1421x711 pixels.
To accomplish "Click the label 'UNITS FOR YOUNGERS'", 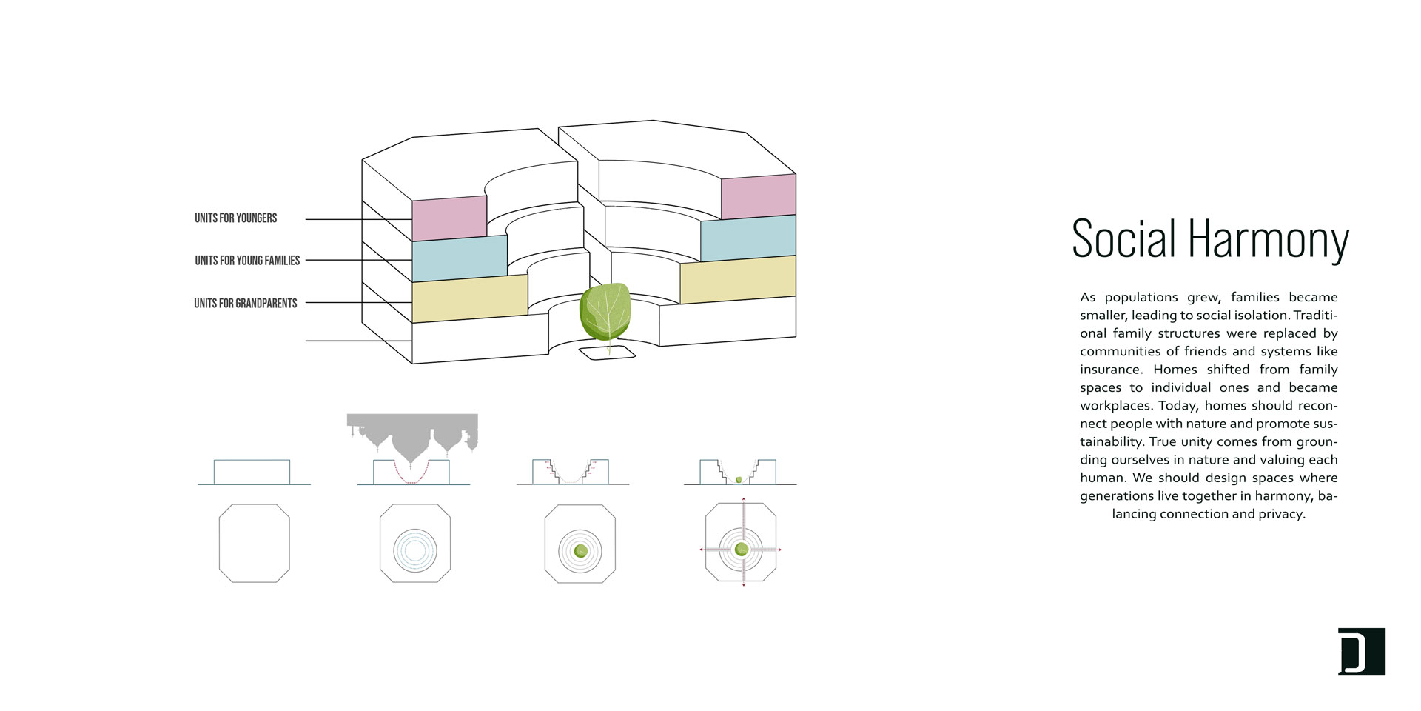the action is pyautogui.click(x=235, y=218).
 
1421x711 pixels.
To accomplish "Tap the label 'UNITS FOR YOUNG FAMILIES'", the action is pyautogui.click(x=247, y=260).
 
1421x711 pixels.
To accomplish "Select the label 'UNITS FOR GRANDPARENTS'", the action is pyautogui.click(x=245, y=303).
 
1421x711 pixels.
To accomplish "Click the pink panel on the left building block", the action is pyautogui.click(x=449, y=218).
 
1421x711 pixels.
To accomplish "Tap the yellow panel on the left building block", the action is pyautogui.click(x=470, y=298).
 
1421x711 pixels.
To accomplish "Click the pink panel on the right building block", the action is pyautogui.click(x=759, y=196).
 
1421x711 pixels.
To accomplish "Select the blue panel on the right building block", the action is pyautogui.click(x=748, y=238).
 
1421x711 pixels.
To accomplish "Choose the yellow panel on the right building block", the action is pyautogui.click(x=738, y=279).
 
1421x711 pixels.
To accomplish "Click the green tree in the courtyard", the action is pyautogui.click(x=606, y=313).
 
